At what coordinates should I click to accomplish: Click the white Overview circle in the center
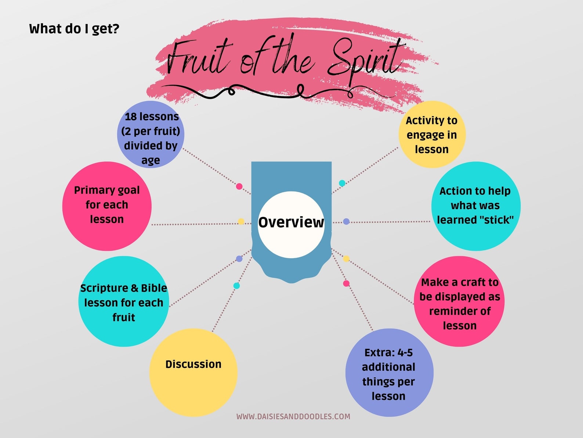tap(291, 224)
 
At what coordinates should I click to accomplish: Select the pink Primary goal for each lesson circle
tap(107, 206)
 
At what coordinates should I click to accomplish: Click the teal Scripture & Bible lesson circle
tap(124, 302)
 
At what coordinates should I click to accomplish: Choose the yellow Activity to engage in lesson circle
tap(432, 135)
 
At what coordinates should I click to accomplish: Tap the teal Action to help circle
tap(476, 206)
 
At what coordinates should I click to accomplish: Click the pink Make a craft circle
tap(459, 302)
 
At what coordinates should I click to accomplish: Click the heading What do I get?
tap(74, 29)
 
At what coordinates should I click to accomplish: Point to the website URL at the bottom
tap(293, 416)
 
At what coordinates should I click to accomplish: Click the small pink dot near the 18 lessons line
tap(239, 186)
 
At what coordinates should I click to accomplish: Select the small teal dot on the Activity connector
tap(342, 183)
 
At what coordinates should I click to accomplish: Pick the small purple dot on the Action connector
tap(346, 222)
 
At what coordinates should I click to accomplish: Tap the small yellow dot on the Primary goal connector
tap(241, 221)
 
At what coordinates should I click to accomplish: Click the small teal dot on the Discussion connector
tap(237, 286)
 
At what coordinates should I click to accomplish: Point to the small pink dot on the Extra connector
tap(346, 283)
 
